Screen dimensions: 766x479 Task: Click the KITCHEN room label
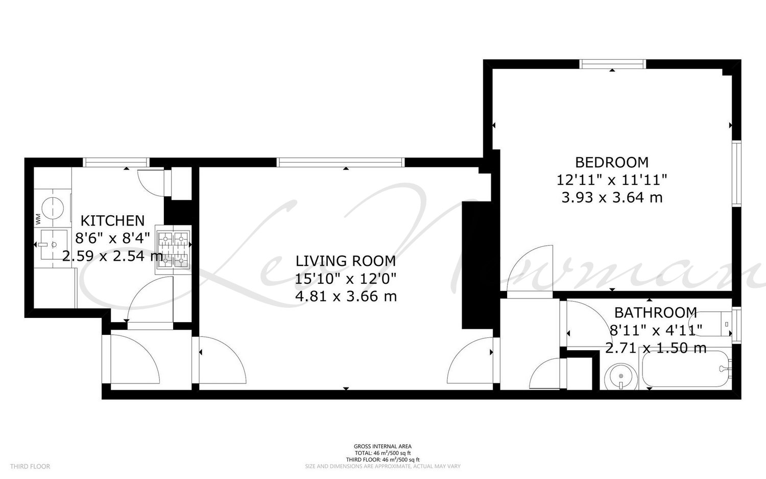pos(112,221)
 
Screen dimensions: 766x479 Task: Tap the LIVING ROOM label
pos(346,261)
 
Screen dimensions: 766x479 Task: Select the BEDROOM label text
pos(612,162)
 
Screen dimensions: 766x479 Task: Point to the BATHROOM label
pos(656,312)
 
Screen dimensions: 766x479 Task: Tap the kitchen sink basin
pos(53,244)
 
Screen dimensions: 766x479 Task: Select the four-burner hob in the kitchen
pos(173,250)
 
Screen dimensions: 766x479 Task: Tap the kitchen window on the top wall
pos(116,162)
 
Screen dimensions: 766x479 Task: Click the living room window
pos(341,162)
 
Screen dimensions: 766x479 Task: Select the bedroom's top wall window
pos(613,64)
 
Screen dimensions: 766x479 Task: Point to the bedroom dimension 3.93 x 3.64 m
pos(612,197)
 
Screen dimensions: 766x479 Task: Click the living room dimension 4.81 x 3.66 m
pos(346,296)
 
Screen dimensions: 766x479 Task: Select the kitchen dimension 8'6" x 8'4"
pos(112,238)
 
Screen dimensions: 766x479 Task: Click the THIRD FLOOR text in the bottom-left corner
pos(30,466)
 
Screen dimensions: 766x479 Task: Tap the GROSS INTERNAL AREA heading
pos(382,446)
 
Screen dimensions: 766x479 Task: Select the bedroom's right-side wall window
pos(736,173)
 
